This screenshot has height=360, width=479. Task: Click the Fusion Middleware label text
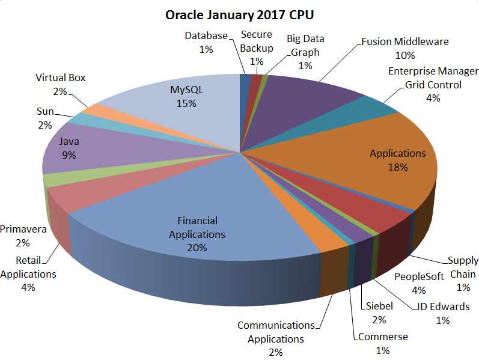pos(405,42)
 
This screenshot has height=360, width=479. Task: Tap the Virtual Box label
pos(60,78)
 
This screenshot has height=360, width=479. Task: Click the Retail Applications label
pos(28,267)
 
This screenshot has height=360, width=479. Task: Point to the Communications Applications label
pos(276,332)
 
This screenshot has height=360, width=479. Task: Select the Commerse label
pos(383,337)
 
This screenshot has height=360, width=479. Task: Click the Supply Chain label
pos(463,267)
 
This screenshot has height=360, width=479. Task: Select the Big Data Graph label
pos(305,45)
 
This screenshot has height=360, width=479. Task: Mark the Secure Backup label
pos(257,41)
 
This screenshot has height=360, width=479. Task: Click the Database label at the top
pos(206,36)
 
